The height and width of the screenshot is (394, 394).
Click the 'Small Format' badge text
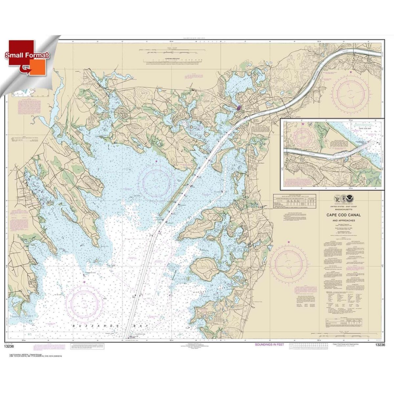click(x=27, y=55)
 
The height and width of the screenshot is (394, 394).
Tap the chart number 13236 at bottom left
click(x=14, y=345)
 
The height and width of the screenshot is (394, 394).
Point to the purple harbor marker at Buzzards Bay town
click(x=239, y=107)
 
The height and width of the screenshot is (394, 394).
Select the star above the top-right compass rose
click(x=350, y=72)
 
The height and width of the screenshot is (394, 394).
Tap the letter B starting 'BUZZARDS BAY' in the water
click(x=73, y=325)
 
